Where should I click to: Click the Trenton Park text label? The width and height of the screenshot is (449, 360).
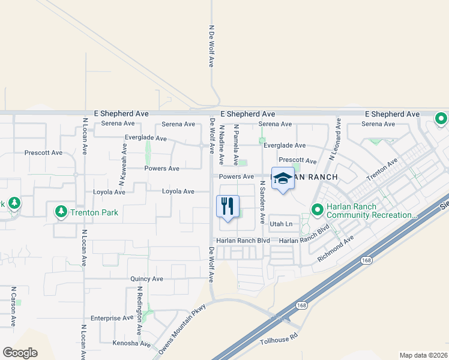(x=94, y=212)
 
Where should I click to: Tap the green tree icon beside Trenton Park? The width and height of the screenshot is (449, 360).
(x=61, y=212)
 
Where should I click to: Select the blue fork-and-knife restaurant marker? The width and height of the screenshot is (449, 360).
(x=228, y=207)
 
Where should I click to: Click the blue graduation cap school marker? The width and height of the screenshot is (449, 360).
(x=283, y=178)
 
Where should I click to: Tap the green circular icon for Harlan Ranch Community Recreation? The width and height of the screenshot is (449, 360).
(x=317, y=210)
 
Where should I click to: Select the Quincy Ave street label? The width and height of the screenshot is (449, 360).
(x=146, y=279)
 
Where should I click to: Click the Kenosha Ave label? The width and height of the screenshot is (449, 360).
(x=131, y=344)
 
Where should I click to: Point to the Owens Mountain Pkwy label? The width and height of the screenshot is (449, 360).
(x=182, y=329)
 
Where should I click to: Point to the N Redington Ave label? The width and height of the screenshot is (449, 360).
(x=139, y=310)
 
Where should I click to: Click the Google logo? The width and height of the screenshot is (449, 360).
(x=20, y=352)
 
